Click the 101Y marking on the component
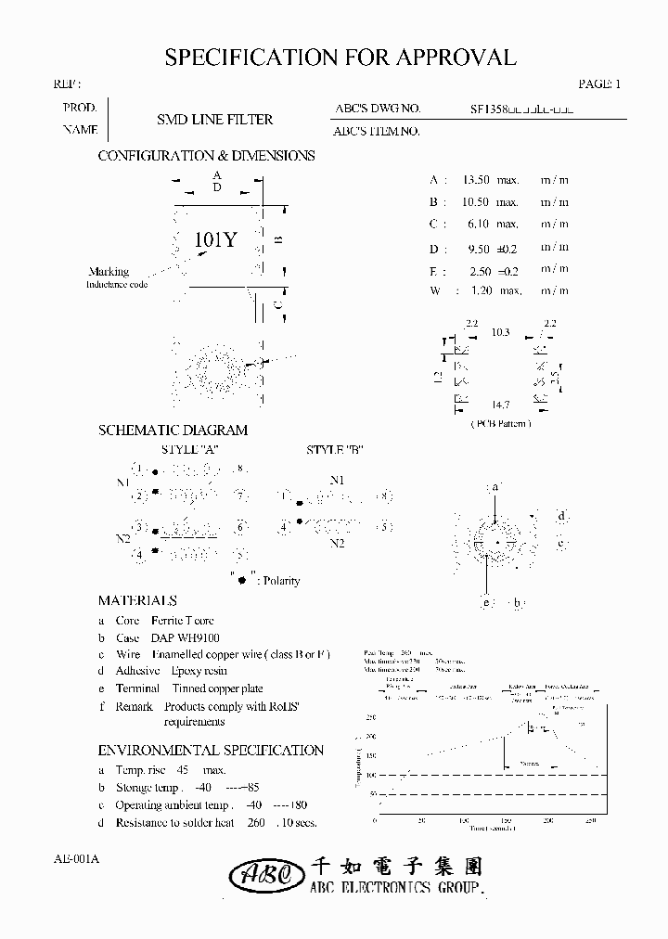tap(216, 240)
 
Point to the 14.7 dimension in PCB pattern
tap(501, 405)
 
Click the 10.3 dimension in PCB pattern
tap(501, 331)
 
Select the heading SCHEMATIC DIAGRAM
tap(173, 431)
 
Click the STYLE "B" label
tap(334, 450)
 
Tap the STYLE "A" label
tap(191, 450)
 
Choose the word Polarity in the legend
tap(281, 581)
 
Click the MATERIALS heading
tap(137, 601)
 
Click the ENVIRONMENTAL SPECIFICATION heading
tap(211, 751)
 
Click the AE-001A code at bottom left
tap(71, 859)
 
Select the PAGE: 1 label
tap(598, 84)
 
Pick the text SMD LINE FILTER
tap(214, 120)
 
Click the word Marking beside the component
tap(109, 272)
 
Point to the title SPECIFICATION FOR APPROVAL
tap(340, 58)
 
